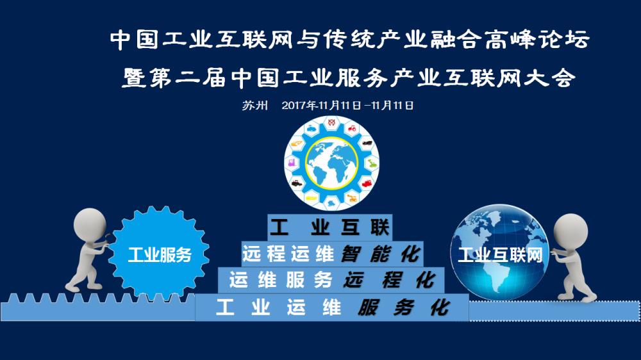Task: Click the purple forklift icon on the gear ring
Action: (x=292, y=163)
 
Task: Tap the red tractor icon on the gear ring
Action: (x=351, y=129)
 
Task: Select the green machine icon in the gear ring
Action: (x=372, y=163)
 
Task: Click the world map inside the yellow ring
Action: (x=331, y=163)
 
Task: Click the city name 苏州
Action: (x=254, y=106)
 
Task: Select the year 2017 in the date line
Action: (x=294, y=106)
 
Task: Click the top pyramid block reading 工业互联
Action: (x=330, y=227)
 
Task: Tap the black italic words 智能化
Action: (x=381, y=254)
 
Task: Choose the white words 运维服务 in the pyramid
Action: (x=281, y=281)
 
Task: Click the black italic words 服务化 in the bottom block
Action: (x=403, y=307)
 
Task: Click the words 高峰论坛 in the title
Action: (x=537, y=40)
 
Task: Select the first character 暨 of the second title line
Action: (x=134, y=78)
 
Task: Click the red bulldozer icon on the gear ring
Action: (x=367, y=183)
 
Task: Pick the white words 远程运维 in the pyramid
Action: (x=288, y=254)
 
